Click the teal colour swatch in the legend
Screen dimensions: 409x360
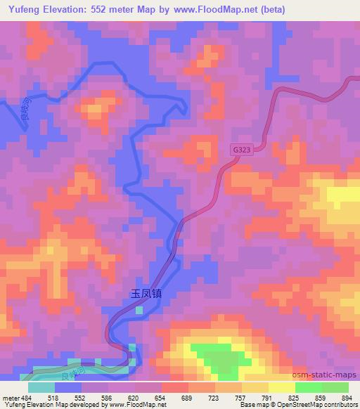pyautogui.click(x=41, y=387)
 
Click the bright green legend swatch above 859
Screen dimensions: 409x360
pyautogui.click(x=309, y=387)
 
